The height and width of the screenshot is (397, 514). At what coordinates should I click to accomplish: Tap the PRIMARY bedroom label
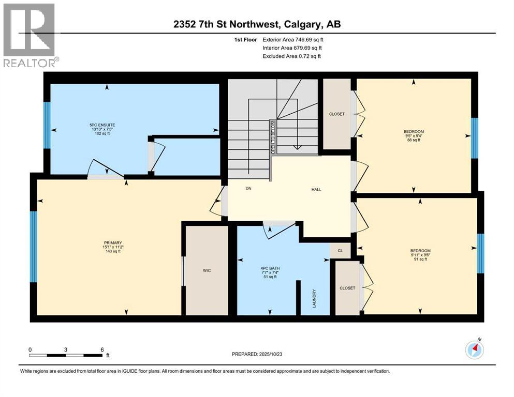click(x=112, y=242)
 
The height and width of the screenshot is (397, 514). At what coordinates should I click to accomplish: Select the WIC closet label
click(x=207, y=270)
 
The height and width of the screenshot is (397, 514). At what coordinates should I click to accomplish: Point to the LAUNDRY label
click(x=314, y=299)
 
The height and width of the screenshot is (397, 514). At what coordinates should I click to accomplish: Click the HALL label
click(x=316, y=189)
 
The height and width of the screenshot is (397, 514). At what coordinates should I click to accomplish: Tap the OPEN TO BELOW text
click(x=272, y=138)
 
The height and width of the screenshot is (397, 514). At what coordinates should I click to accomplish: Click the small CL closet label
click(x=340, y=250)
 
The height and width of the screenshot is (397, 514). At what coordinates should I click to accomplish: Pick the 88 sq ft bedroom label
click(x=414, y=132)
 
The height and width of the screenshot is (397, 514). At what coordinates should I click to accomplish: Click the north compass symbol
click(x=474, y=350)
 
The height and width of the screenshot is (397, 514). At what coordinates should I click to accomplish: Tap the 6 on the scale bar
click(x=102, y=349)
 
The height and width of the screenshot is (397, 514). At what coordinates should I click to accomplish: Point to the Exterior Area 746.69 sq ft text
click(x=296, y=39)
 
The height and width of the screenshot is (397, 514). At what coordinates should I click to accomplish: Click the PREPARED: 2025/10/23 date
click(x=258, y=354)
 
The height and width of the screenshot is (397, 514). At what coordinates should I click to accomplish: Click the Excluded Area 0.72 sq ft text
click(x=292, y=56)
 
